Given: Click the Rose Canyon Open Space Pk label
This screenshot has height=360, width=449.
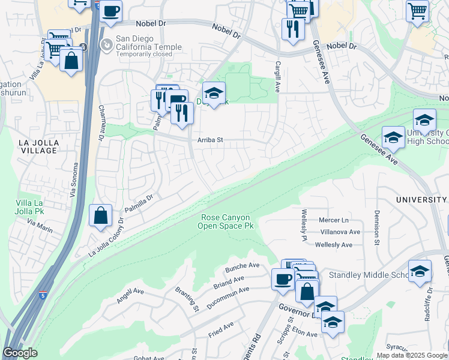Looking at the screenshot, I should coord(225,221).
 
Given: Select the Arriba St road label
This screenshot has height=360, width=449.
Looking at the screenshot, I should coord(210,140).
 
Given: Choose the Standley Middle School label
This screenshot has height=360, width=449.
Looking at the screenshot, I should coord(369,275).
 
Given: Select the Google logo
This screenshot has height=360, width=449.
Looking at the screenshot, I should coord(20,353).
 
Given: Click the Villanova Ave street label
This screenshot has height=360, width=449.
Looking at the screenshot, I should coord(340,232).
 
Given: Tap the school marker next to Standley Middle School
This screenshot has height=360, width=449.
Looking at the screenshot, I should coord(420,271).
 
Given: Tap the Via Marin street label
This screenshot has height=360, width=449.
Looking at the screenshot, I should coord(40,226).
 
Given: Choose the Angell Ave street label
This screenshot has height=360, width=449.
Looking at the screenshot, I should coord(130,295).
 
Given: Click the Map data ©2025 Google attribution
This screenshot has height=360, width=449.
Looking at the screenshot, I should coord(412,355).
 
